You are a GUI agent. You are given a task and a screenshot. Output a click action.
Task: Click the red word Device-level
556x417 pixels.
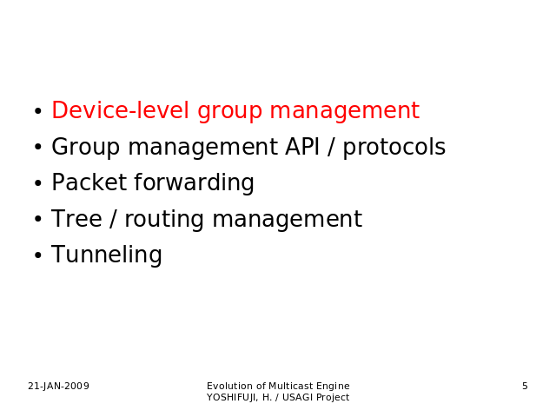[x=120, y=110]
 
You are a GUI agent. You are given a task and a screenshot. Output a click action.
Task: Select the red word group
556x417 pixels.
[x=229, y=112]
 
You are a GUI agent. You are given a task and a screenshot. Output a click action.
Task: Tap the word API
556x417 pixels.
[x=302, y=147]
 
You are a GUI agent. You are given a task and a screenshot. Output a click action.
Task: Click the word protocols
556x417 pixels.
[x=394, y=148]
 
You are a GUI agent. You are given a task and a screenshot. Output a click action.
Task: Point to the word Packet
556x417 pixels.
[x=89, y=182]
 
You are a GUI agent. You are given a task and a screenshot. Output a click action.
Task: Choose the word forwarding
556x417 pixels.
[x=194, y=183]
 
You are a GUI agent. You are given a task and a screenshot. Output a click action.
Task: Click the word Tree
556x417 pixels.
[x=76, y=218]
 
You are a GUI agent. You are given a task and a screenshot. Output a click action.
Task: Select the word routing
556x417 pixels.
[x=164, y=220]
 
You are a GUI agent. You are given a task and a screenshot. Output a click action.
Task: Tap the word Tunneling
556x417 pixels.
[x=107, y=255]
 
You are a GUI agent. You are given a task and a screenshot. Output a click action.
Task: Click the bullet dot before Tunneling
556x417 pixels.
[x=38, y=255]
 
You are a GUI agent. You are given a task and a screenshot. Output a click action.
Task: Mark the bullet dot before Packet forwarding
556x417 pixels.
[x=38, y=183]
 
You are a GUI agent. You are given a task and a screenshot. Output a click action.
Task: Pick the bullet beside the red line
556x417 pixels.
[x=38, y=111]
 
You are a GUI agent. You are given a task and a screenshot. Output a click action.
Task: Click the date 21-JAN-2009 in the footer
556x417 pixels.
[x=58, y=386]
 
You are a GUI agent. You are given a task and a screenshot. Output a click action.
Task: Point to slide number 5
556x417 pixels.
[x=525, y=386]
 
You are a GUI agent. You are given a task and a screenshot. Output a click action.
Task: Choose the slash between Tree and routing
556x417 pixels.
[x=113, y=219]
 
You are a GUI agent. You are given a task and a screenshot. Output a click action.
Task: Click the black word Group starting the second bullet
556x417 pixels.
[x=85, y=148]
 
